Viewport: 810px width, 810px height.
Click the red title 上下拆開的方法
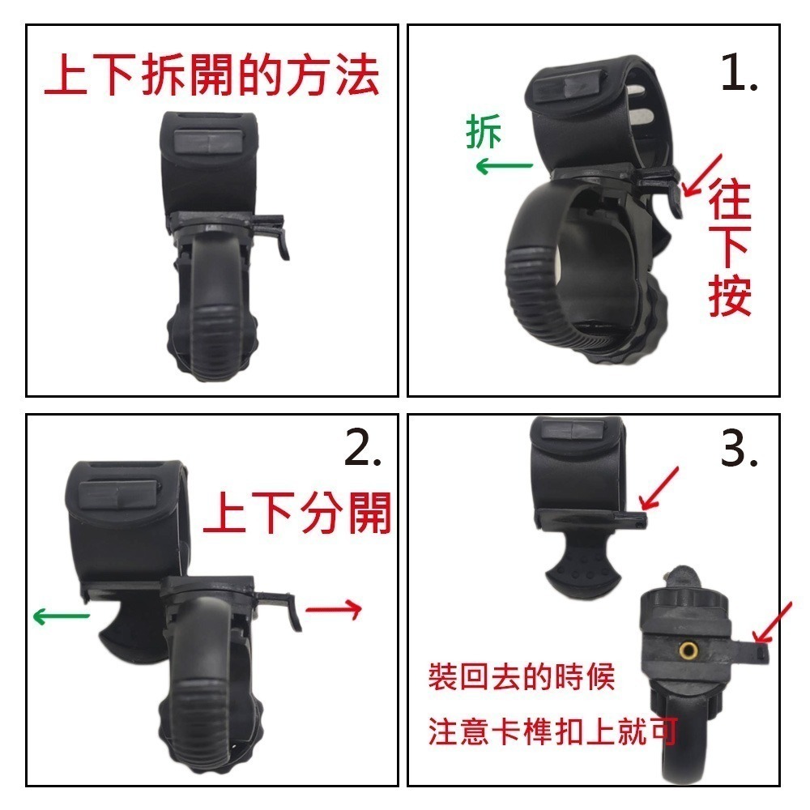211,76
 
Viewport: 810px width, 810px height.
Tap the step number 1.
739,75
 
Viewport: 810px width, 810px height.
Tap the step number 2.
362,450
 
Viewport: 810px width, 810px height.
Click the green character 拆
484,132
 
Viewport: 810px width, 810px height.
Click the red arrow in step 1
702,174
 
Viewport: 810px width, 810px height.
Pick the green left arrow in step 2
61,616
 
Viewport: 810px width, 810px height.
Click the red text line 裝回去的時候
522,676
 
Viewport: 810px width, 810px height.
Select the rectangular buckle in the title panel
208,145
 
